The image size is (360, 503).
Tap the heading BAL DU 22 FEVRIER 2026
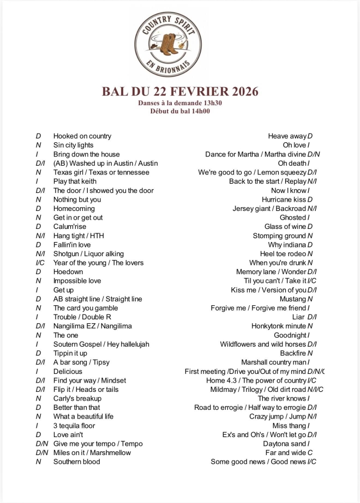(x=180, y=91)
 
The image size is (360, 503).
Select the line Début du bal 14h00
(x=180, y=111)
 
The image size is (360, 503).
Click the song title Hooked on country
(x=82, y=136)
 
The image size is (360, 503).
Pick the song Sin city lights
(x=73, y=145)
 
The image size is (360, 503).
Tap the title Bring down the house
(x=86, y=154)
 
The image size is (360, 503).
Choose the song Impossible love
(x=77, y=281)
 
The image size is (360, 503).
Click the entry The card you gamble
(x=85, y=308)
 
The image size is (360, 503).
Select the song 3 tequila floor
(x=74, y=426)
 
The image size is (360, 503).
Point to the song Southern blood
(x=76, y=462)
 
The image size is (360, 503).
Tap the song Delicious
(x=68, y=371)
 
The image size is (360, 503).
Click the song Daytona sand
(x=284, y=444)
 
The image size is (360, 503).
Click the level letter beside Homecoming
(x=39, y=209)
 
